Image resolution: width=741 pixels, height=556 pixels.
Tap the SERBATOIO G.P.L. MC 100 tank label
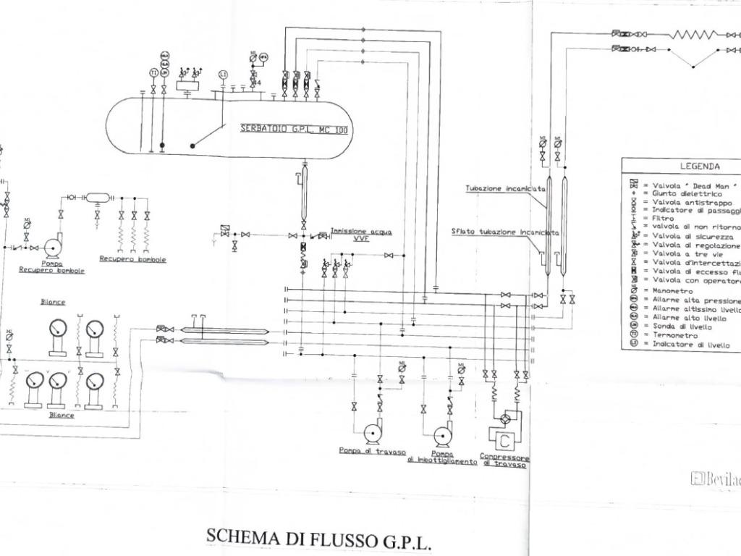pyautogui.click(x=294, y=130)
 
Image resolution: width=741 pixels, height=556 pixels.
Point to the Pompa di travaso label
pyautogui.click(x=372, y=451)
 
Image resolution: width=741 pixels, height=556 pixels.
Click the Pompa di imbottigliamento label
pyautogui.click(x=441, y=458)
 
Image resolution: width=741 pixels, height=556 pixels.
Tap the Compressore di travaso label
pyautogui.click(x=504, y=460)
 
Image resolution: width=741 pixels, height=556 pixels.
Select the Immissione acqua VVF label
pyautogui.click(x=361, y=234)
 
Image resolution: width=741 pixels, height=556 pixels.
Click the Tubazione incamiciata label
pyautogui.click(x=505, y=188)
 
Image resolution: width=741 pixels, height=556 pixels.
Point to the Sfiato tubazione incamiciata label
pyautogui.click(x=505, y=232)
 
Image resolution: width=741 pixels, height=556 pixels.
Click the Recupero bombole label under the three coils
pyautogui.click(x=132, y=258)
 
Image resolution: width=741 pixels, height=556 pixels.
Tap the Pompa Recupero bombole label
pyautogui.click(x=52, y=267)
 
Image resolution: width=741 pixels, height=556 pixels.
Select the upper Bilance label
pyautogui.click(x=53, y=302)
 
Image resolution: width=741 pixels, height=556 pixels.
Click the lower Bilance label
pyautogui.click(x=62, y=416)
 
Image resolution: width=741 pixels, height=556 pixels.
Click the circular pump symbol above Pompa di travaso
pyautogui.click(x=373, y=433)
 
